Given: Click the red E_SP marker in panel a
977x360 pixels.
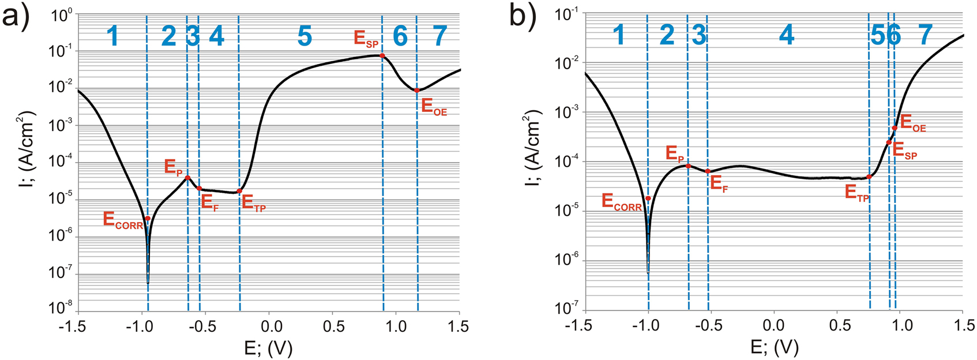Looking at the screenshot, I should [382, 55].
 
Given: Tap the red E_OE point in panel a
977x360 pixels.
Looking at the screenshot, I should [416, 90].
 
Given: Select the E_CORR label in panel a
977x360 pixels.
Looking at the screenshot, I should [122, 220].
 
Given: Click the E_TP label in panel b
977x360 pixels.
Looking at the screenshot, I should [857, 192].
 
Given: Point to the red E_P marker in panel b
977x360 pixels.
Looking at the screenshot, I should [688, 166].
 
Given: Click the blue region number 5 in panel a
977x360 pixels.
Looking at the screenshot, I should [305, 36].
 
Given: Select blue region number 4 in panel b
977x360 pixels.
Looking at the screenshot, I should [786, 36].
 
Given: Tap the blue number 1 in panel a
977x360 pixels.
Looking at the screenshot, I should [113, 36].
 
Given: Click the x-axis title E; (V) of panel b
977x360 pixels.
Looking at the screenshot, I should [775, 347].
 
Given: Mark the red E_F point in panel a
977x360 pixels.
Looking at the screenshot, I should [199, 188].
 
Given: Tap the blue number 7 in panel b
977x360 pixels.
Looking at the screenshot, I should [925, 36].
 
